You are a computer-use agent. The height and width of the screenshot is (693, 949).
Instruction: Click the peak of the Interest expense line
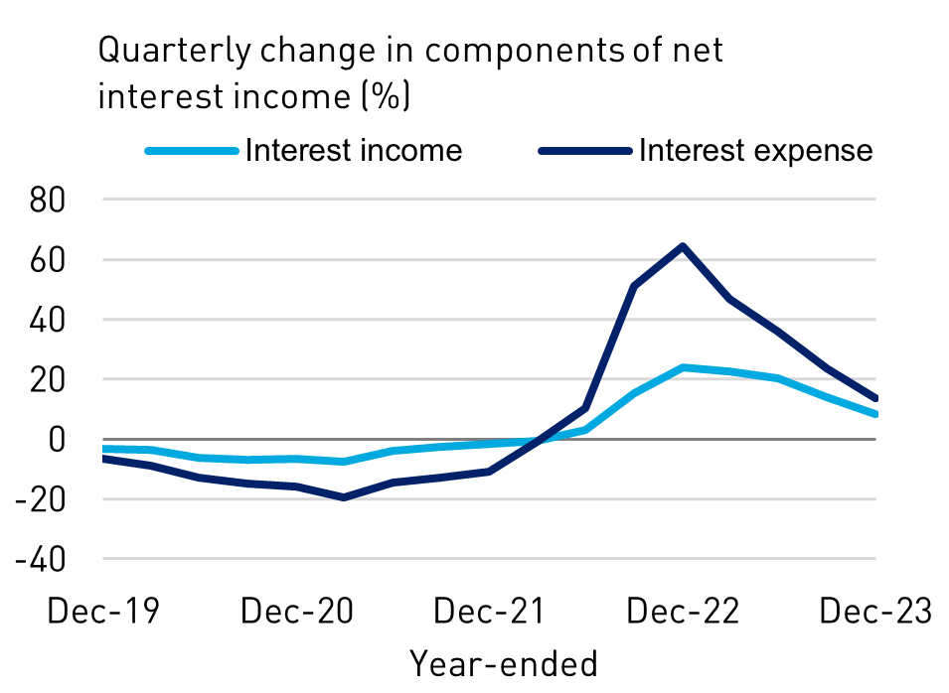pyautogui.click(x=683, y=246)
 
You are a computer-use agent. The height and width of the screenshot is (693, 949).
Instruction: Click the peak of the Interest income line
pyautogui.click(x=683, y=367)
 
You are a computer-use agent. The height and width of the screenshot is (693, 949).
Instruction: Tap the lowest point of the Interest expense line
pyautogui.click(x=344, y=497)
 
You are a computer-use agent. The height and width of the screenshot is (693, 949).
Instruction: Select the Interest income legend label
pyautogui.click(x=354, y=150)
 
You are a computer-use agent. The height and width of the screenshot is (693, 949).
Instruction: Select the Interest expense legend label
pyautogui.click(x=755, y=150)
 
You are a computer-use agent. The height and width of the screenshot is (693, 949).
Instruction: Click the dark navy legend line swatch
pyautogui.click(x=584, y=151)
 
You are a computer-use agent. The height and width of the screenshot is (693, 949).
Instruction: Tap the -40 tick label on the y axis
pyautogui.click(x=41, y=559)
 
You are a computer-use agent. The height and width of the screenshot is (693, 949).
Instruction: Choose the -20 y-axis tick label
pyautogui.click(x=41, y=498)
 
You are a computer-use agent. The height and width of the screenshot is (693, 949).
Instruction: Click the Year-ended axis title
pyautogui.click(x=504, y=662)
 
